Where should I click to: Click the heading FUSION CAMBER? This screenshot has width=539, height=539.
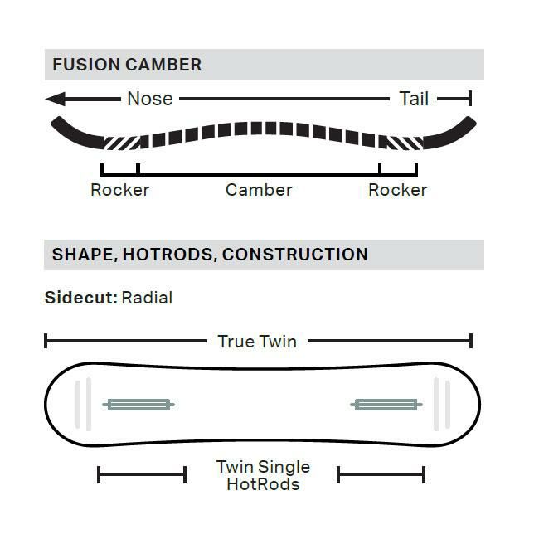tap(127, 65)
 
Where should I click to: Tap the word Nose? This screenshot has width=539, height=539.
tap(150, 99)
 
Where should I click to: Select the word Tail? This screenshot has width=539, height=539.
tap(414, 99)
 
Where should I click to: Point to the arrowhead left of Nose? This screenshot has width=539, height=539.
tap(56, 99)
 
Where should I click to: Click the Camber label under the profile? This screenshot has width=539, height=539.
tap(259, 190)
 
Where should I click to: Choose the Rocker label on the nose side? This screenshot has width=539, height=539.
tap(120, 190)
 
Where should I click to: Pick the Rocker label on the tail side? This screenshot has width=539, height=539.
tap(398, 190)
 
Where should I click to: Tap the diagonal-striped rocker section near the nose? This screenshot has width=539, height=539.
tap(122, 143)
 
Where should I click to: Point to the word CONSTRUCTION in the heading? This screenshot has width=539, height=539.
tap(295, 255)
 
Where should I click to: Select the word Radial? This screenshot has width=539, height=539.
tap(147, 298)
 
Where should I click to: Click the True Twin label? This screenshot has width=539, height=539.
tap(257, 342)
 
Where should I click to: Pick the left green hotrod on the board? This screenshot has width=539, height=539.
tap(138, 405)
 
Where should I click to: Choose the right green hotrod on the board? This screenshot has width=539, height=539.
tap(386, 405)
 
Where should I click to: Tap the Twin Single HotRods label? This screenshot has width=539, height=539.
tap(264, 475)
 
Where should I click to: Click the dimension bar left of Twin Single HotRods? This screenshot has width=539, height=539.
tap(142, 474)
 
